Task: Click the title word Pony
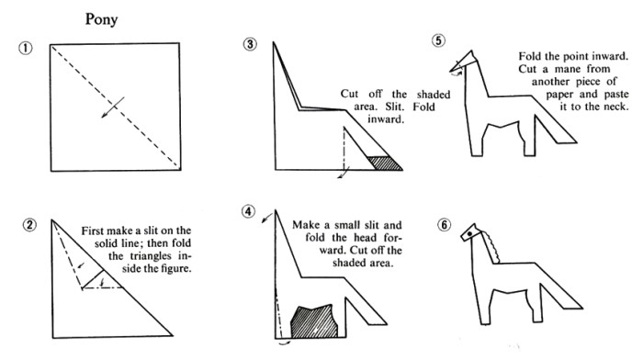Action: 101,19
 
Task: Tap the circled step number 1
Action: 25,48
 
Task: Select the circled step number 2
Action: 29,225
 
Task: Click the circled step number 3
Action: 250,44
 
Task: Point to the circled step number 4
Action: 249,211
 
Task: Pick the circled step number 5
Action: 438,40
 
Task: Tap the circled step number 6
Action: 444,225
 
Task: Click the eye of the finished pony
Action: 469,233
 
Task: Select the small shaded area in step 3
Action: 386,163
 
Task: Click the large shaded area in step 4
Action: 314,321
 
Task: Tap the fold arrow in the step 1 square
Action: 113,107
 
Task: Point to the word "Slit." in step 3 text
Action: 395,107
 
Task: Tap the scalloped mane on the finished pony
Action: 491,246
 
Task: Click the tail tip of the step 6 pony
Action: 582,308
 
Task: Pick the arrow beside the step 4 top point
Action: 266,218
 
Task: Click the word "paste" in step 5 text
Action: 616,95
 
